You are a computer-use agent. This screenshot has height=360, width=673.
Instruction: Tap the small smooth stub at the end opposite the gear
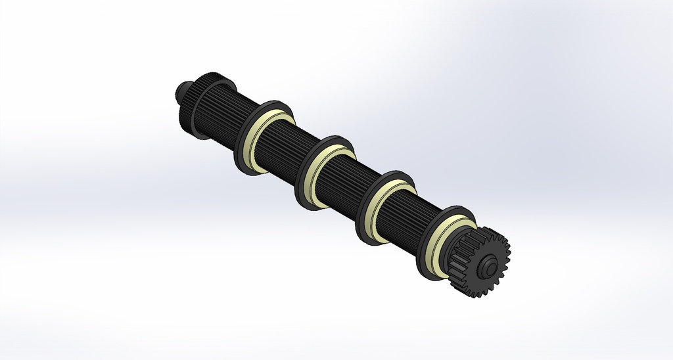(x=180, y=91)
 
